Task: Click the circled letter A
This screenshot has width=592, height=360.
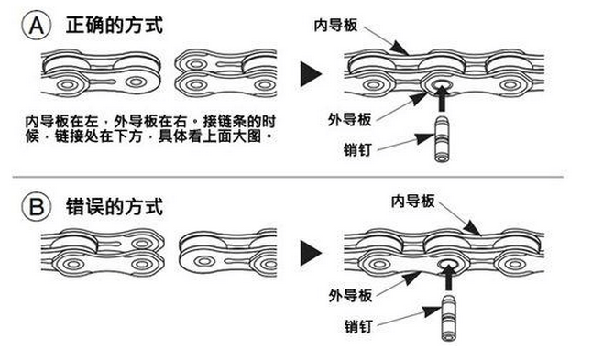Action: (37, 26)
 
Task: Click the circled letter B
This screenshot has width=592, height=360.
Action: (37, 206)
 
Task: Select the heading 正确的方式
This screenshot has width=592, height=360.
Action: (115, 26)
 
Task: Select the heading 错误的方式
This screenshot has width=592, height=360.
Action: (115, 206)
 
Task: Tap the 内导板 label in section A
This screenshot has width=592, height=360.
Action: (335, 26)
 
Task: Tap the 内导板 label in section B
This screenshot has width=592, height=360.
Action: (413, 202)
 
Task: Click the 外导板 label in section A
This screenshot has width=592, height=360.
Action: (350, 120)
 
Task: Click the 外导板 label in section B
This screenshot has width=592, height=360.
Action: (350, 295)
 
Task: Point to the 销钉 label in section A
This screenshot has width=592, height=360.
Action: (357, 150)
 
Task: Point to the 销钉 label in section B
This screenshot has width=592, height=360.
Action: (358, 326)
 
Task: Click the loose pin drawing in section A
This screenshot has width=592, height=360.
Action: (442, 139)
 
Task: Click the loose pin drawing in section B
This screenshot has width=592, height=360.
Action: (448, 318)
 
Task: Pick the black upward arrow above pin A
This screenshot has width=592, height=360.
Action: (442, 98)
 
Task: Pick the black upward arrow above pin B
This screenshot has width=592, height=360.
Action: (448, 277)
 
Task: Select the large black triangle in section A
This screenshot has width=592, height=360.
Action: (311, 74)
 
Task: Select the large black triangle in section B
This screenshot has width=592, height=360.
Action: (311, 253)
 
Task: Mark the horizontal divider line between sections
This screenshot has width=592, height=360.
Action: (288, 177)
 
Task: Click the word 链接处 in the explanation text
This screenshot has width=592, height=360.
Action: (77, 136)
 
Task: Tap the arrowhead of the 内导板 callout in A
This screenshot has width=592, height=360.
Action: (399, 48)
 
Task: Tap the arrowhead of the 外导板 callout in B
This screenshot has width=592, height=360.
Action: (411, 278)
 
